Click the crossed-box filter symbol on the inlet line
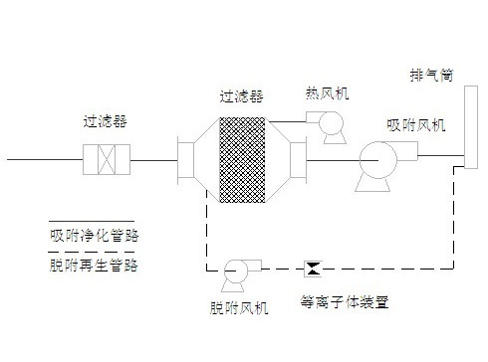point(105,158)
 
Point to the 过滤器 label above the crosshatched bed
point(240,96)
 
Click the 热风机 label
point(327,93)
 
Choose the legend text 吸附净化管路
point(95,237)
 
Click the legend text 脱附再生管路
point(95,266)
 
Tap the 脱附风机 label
point(238,308)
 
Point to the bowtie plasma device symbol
point(313,268)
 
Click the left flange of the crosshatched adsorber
point(189,158)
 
